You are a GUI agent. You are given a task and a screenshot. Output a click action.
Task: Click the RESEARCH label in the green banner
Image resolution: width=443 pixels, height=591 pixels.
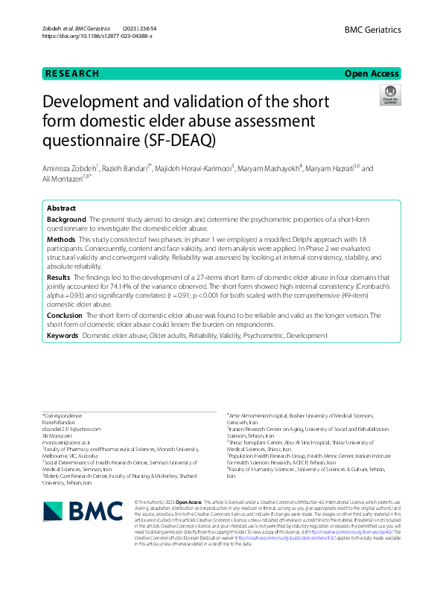(72, 74)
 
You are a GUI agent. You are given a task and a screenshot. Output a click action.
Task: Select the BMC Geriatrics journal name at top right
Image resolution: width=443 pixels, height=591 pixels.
(372, 30)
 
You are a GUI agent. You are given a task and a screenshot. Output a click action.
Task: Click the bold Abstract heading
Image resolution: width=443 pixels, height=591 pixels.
(62, 209)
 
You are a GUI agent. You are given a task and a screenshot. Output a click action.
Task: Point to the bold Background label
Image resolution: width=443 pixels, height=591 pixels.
(66, 220)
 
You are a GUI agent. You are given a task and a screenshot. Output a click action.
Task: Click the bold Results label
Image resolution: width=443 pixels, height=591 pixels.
(59, 277)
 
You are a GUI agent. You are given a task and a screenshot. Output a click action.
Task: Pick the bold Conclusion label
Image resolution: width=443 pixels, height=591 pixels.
(65, 315)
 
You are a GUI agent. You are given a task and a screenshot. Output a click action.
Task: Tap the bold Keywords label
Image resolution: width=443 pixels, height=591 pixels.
(63, 336)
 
